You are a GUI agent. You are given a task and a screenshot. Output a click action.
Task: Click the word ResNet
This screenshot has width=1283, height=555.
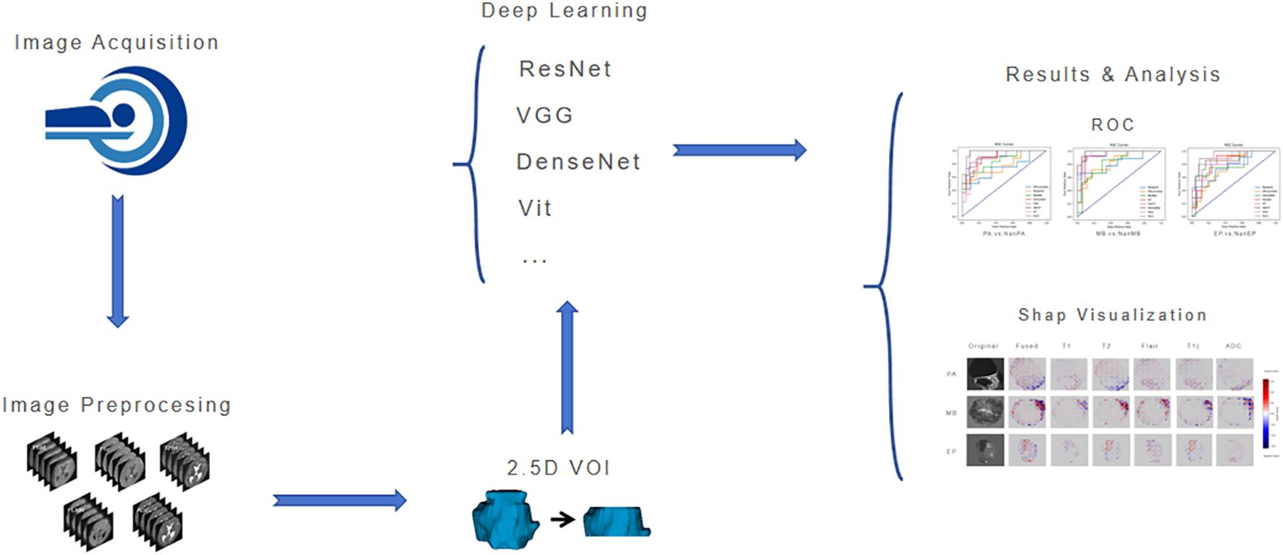[x=565, y=69]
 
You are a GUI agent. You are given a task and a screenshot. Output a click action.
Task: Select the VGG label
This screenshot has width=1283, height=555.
[x=544, y=115]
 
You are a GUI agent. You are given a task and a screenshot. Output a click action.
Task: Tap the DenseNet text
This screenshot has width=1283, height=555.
[x=578, y=161]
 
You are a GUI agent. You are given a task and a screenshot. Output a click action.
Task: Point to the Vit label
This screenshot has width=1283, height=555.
[x=535, y=208]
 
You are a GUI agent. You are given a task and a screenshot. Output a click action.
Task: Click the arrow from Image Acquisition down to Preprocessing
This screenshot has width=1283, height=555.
[x=117, y=260]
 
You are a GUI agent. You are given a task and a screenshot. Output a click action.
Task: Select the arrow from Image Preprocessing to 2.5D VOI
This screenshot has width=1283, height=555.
[x=339, y=500]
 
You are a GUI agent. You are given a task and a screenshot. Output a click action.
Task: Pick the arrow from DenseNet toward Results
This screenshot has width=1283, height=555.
[x=739, y=150]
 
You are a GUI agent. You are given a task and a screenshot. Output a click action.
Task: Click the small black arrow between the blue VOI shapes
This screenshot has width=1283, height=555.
[x=563, y=519]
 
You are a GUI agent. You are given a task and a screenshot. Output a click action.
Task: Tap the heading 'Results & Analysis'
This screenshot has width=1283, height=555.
[x=1112, y=75]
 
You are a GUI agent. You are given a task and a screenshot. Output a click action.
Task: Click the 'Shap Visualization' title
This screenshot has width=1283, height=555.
[x=1112, y=315]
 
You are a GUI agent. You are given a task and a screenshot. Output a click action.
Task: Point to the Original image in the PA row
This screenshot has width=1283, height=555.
[x=985, y=374]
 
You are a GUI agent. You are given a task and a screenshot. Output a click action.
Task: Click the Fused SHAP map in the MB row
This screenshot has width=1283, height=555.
[x=1027, y=412]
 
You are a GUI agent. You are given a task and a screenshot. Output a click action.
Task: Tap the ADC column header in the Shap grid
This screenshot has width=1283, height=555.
[x=1233, y=346]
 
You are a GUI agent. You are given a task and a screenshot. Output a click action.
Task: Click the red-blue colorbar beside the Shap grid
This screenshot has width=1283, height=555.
[x=1265, y=413]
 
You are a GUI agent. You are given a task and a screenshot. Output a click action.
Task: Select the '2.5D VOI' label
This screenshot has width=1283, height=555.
[x=558, y=468]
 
